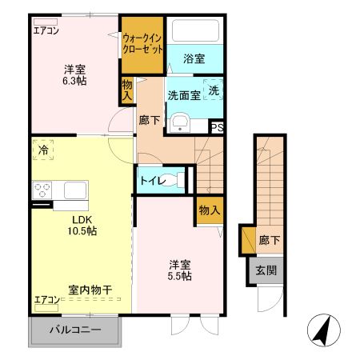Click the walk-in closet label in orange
click(x=142, y=42)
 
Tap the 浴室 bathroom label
click(x=194, y=58)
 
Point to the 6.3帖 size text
click(x=76, y=81)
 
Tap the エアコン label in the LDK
click(x=46, y=300)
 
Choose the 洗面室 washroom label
click(x=183, y=95)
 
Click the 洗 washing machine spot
click(x=214, y=91)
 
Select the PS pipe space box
click(x=217, y=126)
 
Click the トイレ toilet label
click(x=154, y=181)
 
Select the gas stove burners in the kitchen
click(x=42, y=190)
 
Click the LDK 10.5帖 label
click(x=82, y=224)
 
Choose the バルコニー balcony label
click(x=76, y=330)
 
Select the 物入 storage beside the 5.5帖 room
click(x=210, y=210)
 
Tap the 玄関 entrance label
click(x=266, y=270)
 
